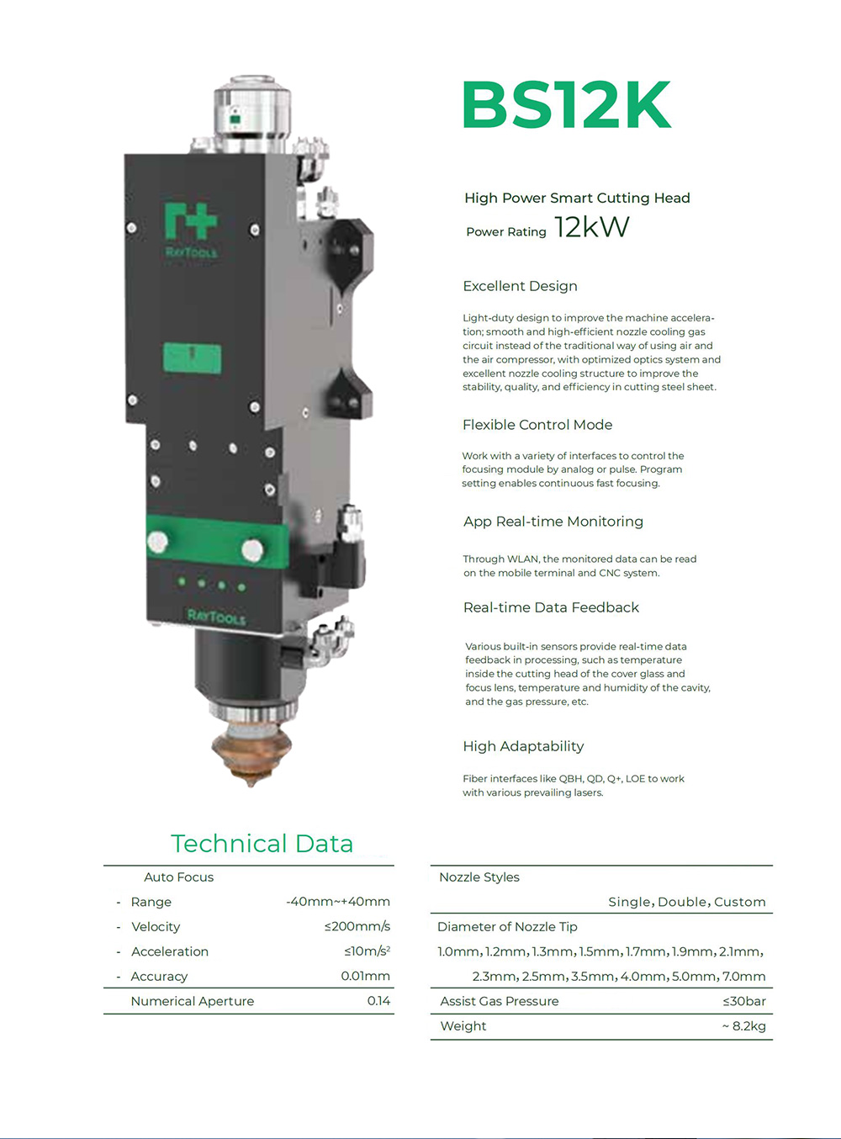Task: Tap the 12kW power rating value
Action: [x=591, y=226]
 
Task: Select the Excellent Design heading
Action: [x=520, y=286]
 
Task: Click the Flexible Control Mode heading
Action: [x=537, y=425]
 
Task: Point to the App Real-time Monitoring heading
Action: [x=553, y=522]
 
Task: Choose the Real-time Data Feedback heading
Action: [x=551, y=607]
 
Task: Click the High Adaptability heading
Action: [x=523, y=746]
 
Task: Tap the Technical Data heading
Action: [x=262, y=844]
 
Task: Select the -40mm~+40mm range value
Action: [x=338, y=902]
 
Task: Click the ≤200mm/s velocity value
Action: [x=357, y=926]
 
